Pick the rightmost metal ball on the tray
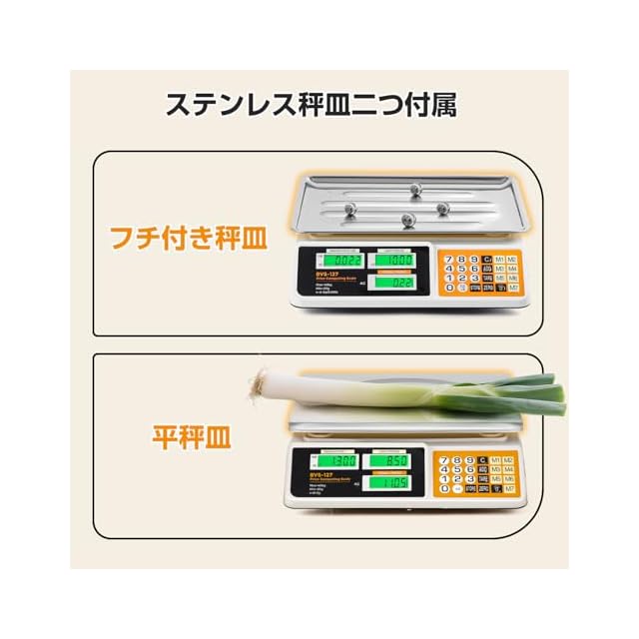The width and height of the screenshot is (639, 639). (x=441, y=208)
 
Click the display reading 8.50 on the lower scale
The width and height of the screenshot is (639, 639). (x=390, y=461)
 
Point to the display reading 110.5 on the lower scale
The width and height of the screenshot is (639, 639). (x=390, y=483)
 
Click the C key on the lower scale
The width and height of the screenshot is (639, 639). (x=484, y=458)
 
